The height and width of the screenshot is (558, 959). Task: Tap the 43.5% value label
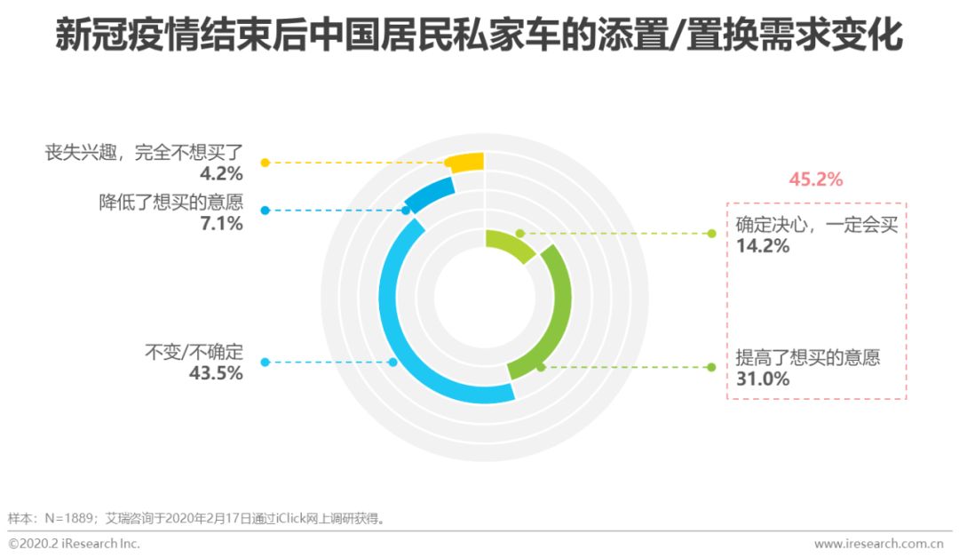(x=216, y=373)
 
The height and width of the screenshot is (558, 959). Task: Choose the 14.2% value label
(x=762, y=245)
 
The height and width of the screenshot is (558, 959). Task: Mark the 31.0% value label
(x=762, y=379)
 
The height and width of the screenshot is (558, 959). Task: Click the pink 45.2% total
(x=815, y=179)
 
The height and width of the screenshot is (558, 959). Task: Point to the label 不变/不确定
(x=194, y=352)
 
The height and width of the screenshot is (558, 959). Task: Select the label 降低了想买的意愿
(x=170, y=202)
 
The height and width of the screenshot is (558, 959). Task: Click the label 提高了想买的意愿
(x=808, y=358)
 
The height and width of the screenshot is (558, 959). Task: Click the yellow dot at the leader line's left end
(x=264, y=163)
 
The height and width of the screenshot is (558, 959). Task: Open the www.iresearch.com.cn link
(x=878, y=543)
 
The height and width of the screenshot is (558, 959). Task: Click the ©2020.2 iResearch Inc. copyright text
(x=75, y=543)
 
